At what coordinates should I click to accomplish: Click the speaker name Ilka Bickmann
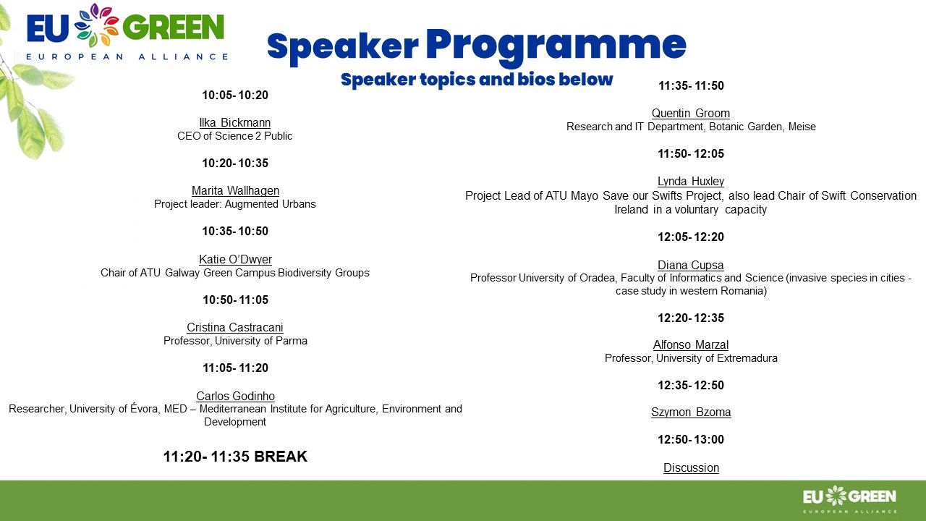(x=235, y=123)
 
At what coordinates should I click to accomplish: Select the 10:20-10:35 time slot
(x=235, y=163)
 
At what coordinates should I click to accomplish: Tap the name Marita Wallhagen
(x=235, y=190)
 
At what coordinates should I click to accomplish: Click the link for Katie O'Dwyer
(x=235, y=259)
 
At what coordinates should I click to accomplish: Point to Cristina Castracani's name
(x=235, y=328)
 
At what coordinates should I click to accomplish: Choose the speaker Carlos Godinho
(x=235, y=396)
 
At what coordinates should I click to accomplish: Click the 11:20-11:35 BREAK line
(x=235, y=457)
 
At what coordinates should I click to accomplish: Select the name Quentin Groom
(x=691, y=114)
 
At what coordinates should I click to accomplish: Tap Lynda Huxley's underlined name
(x=691, y=181)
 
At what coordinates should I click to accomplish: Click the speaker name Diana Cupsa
(x=691, y=265)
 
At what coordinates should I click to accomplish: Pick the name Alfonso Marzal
(x=691, y=345)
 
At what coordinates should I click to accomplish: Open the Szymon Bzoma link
(x=691, y=412)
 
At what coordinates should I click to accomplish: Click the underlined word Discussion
(x=691, y=467)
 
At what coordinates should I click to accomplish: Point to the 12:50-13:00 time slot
(x=691, y=439)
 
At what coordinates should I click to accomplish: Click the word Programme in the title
(x=556, y=46)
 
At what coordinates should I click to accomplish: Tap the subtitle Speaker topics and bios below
(x=477, y=80)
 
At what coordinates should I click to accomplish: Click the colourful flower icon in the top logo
(x=96, y=25)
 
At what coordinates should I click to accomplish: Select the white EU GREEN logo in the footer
(x=849, y=499)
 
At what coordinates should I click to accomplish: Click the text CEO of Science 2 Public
(x=235, y=136)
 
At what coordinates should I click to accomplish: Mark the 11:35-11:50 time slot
(x=691, y=85)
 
